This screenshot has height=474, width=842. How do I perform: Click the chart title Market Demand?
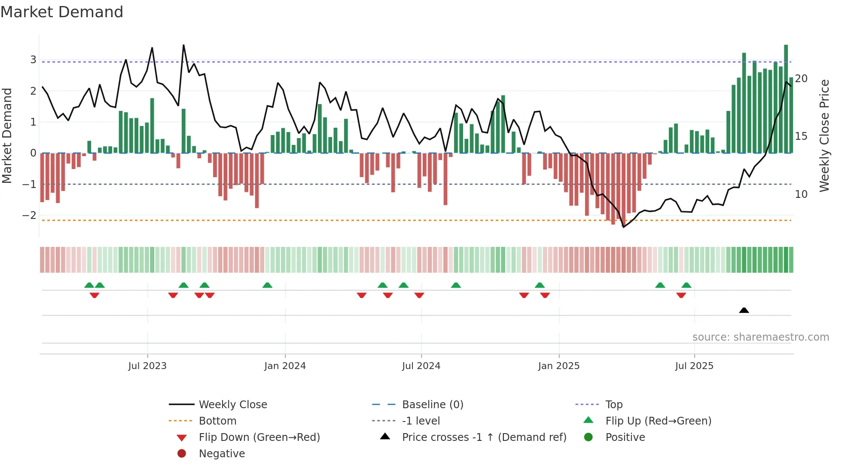[62, 12]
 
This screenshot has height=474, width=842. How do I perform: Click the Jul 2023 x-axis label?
[147, 366]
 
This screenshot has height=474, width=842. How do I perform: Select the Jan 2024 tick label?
[285, 366]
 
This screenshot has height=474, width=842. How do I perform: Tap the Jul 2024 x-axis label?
[421, 366]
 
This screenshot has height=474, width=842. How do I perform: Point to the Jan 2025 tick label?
[558, 366]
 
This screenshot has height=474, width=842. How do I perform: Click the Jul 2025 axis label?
[694, 366]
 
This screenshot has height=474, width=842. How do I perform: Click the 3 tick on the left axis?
[33, 60]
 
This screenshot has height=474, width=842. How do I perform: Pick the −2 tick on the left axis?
[30, 215]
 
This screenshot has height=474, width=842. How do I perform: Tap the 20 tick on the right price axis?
[801, 79]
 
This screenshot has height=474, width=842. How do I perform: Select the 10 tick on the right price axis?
[801, 194]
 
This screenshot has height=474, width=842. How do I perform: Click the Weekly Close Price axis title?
[824, 135]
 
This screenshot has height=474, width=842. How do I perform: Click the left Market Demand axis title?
[7, 135]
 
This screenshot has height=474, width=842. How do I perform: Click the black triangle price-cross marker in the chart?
[744, 311]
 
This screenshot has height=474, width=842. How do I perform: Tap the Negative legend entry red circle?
[182, 454]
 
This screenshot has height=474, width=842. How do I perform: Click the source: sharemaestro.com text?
[760, 337]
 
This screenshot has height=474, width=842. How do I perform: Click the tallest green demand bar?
[786, 99]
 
